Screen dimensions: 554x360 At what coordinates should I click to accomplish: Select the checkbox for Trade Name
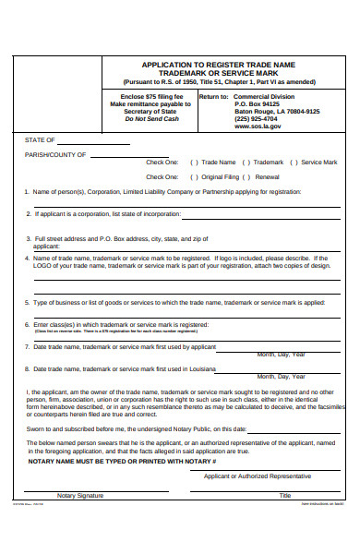tap(194, 161)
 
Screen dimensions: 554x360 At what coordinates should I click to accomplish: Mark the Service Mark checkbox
tap(294, 161)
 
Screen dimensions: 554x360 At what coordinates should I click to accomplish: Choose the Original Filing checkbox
tap(194, 175)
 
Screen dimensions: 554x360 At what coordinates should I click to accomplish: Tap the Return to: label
tap(213, 95)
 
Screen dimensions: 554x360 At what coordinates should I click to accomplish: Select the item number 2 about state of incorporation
tap(28, 213)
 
